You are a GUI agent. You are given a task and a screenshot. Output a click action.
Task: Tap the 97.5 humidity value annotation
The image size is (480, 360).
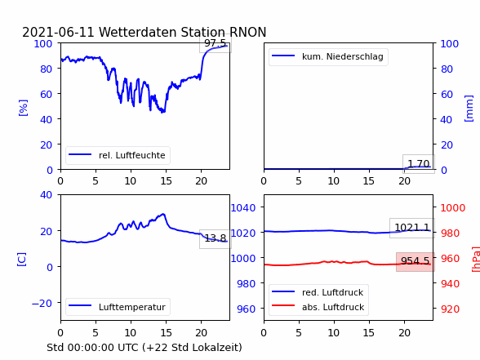(x=216, y=43)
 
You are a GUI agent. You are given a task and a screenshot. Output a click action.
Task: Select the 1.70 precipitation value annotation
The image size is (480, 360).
(x=419, y=164)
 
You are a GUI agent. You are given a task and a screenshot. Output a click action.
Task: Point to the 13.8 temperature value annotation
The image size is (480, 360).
(x=216, y=238)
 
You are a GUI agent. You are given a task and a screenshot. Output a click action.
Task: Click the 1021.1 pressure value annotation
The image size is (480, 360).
(x=412, y=228)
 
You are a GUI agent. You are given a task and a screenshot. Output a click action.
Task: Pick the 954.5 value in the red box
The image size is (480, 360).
(x=415, y=261)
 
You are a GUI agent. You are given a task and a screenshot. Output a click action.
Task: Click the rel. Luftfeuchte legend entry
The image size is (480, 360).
(x=118, y=155)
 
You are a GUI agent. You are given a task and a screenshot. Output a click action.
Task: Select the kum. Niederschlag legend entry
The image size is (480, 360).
(x=328, y=56)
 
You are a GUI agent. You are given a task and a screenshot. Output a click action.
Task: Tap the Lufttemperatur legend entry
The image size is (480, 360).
(x=118, y=307)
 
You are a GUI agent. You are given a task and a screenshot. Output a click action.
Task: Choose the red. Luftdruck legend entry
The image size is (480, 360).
(x=318, y=292)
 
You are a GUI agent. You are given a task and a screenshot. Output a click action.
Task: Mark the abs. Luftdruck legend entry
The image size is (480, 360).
(x=318, y=307)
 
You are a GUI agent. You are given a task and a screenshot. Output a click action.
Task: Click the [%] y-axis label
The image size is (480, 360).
(x=23, y=108)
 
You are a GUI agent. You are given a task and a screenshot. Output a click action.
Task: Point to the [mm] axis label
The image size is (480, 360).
(x=469, y=109)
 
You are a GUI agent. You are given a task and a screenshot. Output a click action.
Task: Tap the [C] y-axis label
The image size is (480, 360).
(x=22, y=260)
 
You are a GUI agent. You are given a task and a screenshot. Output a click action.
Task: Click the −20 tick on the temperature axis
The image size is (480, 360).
(x=42, y=304)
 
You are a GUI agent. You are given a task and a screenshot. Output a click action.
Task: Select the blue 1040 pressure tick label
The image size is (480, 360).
(x=243, y=208)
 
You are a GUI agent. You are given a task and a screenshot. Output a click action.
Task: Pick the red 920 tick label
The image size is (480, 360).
(x=450, y=309)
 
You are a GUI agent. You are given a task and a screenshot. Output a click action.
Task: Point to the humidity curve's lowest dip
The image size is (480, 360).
(x=162, y=113)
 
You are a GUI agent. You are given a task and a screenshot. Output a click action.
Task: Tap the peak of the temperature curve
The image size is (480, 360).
(x=163, y=214)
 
